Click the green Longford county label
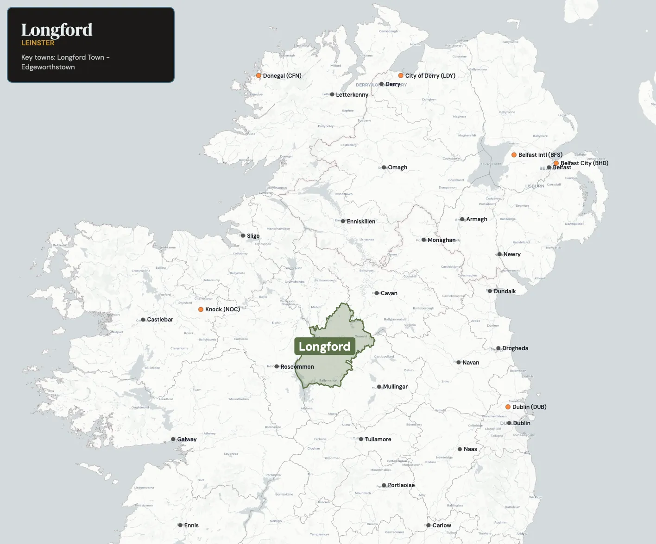pos(324,346)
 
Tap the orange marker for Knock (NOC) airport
pos(201,309)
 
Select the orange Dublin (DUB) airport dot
pos(508,407)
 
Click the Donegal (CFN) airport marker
pos(259,75)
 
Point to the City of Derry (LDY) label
pos(430,75)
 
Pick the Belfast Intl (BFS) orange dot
pos(514,155)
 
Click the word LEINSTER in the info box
pos(38,43)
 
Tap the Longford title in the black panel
pos(57,30)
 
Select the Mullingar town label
pos(395,387)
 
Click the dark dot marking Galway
pos(173,439)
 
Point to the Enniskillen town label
pos(361,222)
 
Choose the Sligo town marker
pos(243,236)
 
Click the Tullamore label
pos(378,439)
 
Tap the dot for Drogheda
pos(498,348)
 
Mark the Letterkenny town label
pos(352,95)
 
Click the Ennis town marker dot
pos(180,525)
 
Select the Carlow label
pos(442,525)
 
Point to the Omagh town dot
pos(384,167)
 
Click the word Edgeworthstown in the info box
pos(48,67)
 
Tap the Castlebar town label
pos(160,320)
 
